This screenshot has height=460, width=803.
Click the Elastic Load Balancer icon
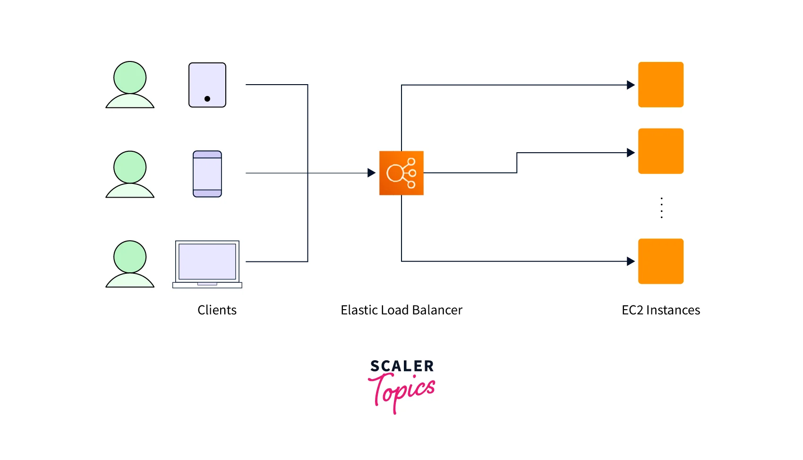tap(401, 173)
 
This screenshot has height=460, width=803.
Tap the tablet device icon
tap(207, 85)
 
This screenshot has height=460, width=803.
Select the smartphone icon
tap(207, 174)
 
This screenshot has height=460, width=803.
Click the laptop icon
tap(207, 264)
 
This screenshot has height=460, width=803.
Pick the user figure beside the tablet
tap(130, 85)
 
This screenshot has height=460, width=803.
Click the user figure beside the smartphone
tap(130, 174)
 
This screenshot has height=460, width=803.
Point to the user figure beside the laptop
tap(130, 264)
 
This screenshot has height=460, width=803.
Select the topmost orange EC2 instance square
tap(660, 85)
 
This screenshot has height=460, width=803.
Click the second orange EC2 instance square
tap(660, 151)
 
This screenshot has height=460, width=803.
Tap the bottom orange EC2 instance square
tap(660, 261)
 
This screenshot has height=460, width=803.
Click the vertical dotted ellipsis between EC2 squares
tap(661, 208)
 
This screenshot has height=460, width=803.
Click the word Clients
tap(217, 310)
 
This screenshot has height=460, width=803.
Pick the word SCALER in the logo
tap(402, 366)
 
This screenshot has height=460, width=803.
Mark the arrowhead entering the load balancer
tap(371, 173)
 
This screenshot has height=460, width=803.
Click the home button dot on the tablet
tap(207, 99)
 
